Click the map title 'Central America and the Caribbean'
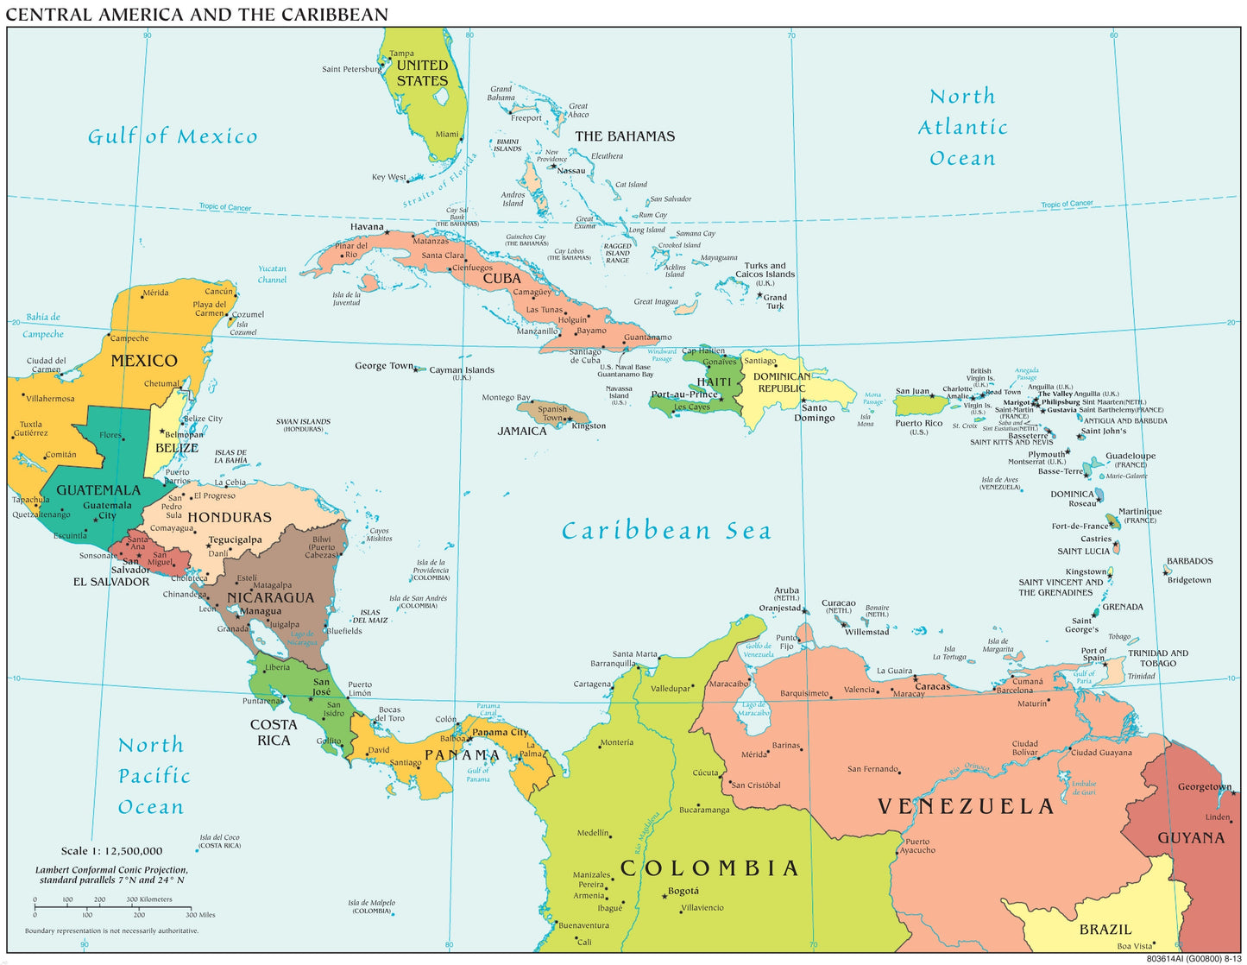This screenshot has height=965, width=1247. tap(197, 15)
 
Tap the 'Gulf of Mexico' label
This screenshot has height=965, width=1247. tap(173, 136)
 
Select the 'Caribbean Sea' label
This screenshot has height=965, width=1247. tap(666, 531)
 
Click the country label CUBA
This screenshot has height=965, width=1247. tap(501, 279)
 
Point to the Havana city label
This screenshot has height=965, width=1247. tap(367, 227)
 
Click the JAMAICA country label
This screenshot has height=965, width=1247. tap(522, 431)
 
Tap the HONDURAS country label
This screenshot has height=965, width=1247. tap(230, 517)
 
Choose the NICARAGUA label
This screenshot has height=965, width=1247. tap(270, 597)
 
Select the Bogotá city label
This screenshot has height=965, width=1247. tap(683, 891)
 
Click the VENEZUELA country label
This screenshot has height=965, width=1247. tap(966, 806)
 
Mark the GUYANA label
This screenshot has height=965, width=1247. tap(1191, 837)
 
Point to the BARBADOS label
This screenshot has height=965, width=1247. tap(1189, 561)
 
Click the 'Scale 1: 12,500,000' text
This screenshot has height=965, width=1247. tap(111, 851)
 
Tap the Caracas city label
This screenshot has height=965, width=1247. tap(932, 687)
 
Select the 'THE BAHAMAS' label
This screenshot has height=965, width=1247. tap(625, 136)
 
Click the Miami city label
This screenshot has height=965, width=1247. tap(447, 134)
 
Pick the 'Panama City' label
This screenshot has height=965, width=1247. tap(500, 732)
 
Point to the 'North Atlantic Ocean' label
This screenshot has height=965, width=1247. tap(962, 127)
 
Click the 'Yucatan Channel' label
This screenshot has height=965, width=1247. tap(272, 274)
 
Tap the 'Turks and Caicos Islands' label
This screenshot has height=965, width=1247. tap(765, 270)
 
